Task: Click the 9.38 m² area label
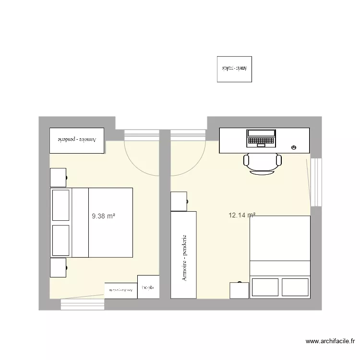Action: pyautogui.click(x=104, y=216)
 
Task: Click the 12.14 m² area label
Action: pyautogui.click(x=242, y=216)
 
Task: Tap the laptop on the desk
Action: pyautogui.click(x=261, y=138)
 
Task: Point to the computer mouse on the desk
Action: pyautogui.click(x=293, y=147)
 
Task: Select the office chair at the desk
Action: pyautogui.click(x=262, y=164)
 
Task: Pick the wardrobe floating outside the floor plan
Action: pyautogui.click(x=234, y=69)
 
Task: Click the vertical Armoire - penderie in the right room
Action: pyautogui.click(x=183, y=254)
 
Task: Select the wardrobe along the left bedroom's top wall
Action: pyautogui.click(x=77, y=141)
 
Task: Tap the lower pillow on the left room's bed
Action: pyautogui.click(x=61, y=240)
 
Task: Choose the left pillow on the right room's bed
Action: pyautogui.click(x=265, y=287)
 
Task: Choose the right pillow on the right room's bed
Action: pyautogui.click(x=295, y=287)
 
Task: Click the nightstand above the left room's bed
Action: pyautogui.click(x=58, y=177)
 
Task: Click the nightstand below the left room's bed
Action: pyautogui.click(x=58, y=267)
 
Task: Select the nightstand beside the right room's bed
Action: pyautogui.click(x=239, y=290)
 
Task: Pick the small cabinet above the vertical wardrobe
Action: pyautogui.click(x=179, y=201)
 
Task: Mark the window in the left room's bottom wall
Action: pyautogui.click(x=83, y=304)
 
